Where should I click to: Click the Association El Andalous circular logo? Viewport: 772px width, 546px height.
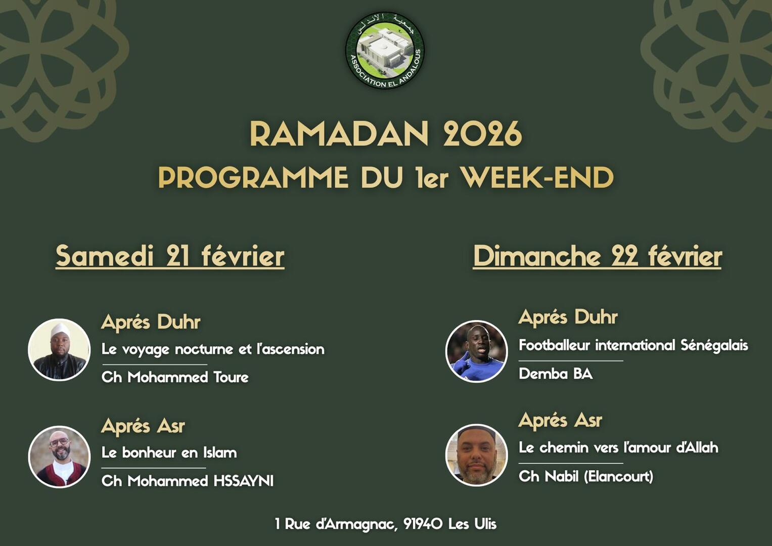[x=385, y=51]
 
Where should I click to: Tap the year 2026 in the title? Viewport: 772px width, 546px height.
[x=482, y=134]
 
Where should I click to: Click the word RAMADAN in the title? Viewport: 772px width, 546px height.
[x=339, y=134]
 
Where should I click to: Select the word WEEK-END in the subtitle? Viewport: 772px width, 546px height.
[x=537, y=177]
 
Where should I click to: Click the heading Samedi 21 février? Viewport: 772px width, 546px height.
[x=170, y=256]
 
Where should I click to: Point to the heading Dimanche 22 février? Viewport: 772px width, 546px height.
[x=597, y=256]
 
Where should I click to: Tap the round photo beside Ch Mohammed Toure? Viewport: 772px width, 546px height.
[x=59, y=349]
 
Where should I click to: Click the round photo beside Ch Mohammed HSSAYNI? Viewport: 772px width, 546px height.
[x=59, y=457]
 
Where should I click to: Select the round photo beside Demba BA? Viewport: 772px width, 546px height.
[x=476, y=351]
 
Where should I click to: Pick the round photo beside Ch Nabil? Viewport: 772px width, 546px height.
[x=476, y=455]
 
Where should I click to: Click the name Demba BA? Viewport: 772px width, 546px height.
[x=556, y=374]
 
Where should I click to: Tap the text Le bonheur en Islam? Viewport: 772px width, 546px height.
[x=169, y=452]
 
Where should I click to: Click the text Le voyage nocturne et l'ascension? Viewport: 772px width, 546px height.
[x=213, y=349]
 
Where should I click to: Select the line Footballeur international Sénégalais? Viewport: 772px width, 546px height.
[x=633, y=345]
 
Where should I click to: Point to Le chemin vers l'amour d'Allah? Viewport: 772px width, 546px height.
[x=618, y=447]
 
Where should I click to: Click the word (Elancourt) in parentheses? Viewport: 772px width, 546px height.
[x=619, y=476]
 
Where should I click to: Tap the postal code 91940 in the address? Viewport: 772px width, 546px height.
[x=422, y=524]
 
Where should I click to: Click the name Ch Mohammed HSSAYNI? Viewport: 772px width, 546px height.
[x=188, y=481]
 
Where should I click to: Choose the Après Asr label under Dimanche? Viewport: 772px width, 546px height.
[x=560, y=420]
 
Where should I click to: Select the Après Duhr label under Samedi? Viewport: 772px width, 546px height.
[x=151, y=322]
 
